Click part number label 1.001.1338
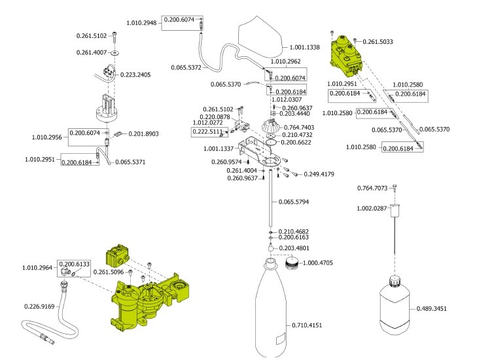[304, 47]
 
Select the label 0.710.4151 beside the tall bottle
[307, 325]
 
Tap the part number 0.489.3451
[431, 309]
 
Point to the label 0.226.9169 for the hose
[39, 306]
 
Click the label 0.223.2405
[135, 75]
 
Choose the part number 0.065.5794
[294, 202]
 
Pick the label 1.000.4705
[318, 263]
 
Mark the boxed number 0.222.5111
[207, 132]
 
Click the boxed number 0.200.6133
[74, 264]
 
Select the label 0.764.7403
[299, 128]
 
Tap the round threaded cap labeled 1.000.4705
[291, 263]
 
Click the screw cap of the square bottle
[395, 281]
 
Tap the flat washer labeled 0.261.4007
[115, 53]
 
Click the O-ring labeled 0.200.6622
[272, 143]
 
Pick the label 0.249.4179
[319, 174]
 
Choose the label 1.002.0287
[372, 208]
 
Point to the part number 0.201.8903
[143, 134]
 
